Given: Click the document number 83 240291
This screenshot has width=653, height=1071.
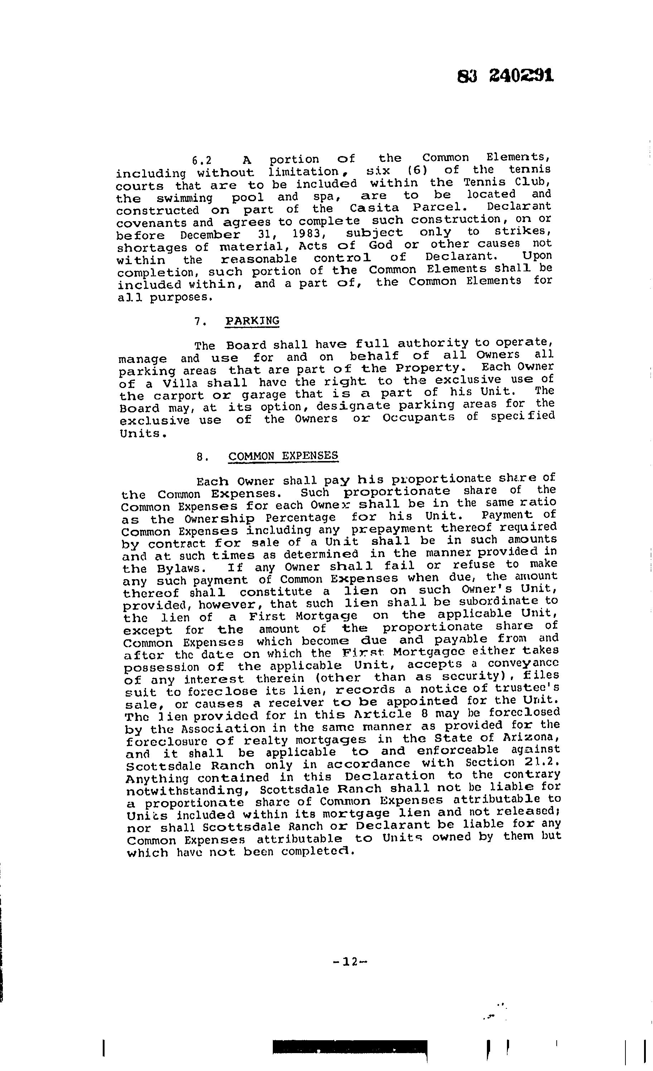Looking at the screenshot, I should coord(506,77).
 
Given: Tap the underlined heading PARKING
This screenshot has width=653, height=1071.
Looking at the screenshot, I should coord(252,321).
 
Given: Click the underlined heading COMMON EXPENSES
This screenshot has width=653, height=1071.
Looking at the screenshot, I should coord(283,456).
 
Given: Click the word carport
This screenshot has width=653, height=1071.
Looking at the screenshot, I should coord(179,396).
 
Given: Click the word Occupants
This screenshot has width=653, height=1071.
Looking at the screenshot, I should coord(418,418).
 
